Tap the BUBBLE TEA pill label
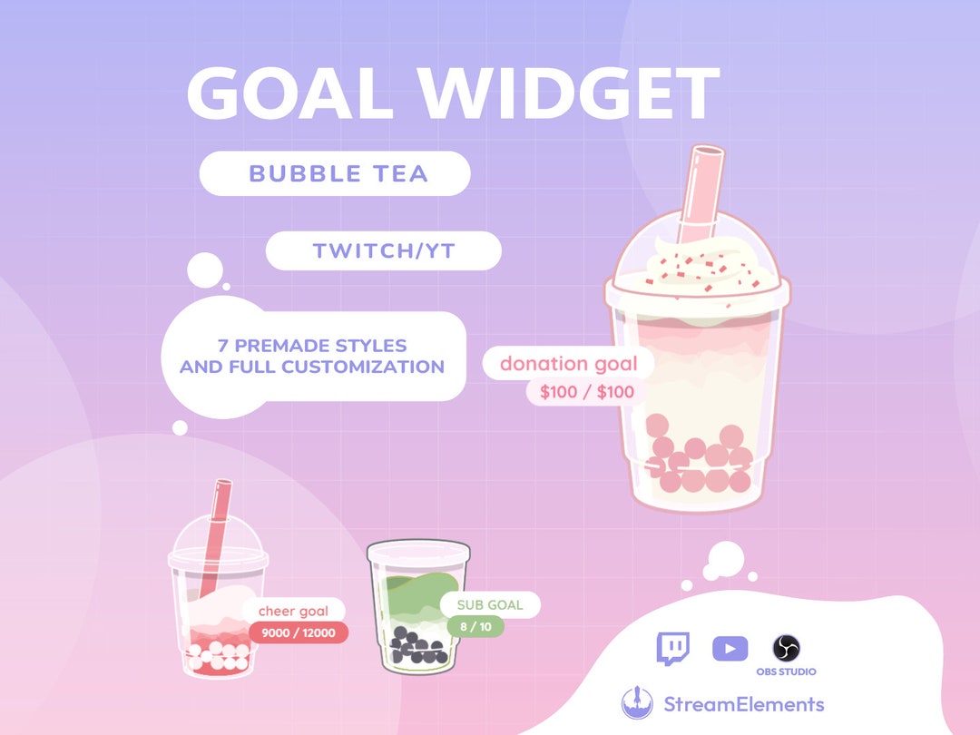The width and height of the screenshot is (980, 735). coord(335,173)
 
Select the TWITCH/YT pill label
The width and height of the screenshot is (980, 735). coord(383,251)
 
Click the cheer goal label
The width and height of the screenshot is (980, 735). coord(293,612)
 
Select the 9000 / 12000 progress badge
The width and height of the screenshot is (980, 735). coord(299,632)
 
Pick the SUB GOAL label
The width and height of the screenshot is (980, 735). coord(490,605)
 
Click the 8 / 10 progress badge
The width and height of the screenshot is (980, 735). coord(473,625)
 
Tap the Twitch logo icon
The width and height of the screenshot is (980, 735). coord(672,649)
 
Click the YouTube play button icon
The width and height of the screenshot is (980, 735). coord(730,649)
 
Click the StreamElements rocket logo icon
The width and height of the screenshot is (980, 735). coord(637,704)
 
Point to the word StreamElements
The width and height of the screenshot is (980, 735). coord(743,704)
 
